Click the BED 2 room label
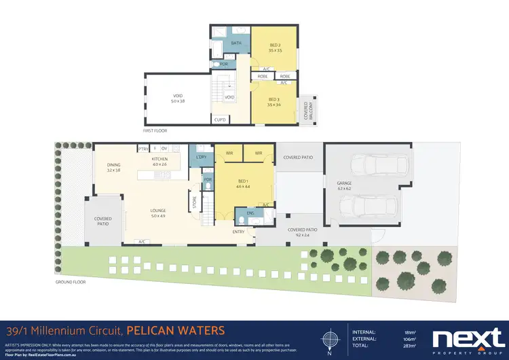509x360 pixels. click(x=274, y=46)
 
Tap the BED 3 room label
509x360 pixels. click(x=274, y=101)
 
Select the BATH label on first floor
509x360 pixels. click(x=236, y=43)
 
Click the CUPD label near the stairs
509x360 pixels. click(x=220, y=120)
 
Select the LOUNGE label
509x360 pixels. click(x=158, y=211)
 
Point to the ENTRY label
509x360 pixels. click(x=238, y=232)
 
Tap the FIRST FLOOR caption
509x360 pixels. click(x=155, y=130)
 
